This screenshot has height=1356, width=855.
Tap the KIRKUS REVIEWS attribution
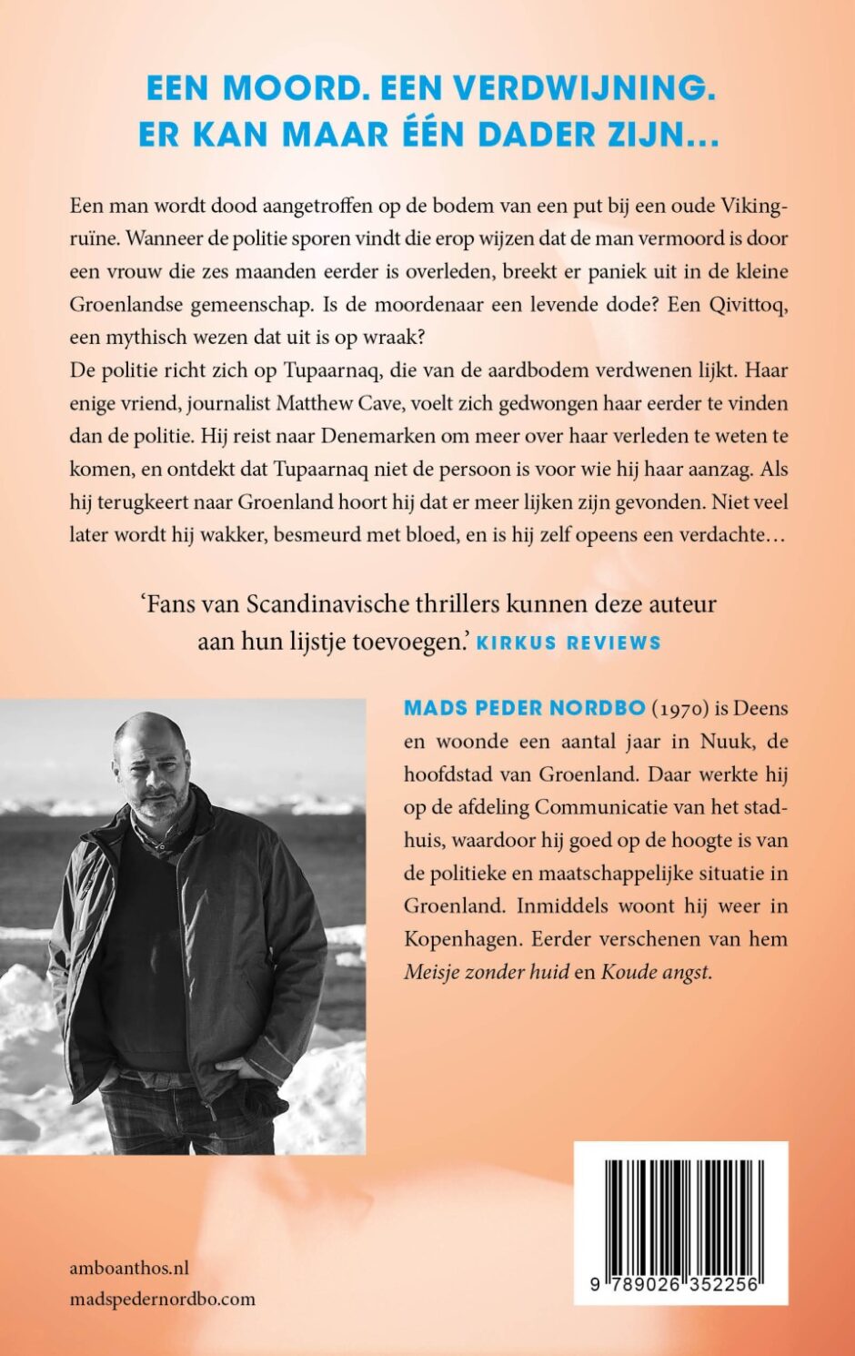(x=568, y=643)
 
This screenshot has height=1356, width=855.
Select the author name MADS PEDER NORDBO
(x=525, y=708)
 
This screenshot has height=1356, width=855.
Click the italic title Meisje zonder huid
(x=486, y=972)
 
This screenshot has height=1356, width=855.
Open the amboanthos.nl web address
(x=129, y=1268)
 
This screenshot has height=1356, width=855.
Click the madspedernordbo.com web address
(x=162, y=1300)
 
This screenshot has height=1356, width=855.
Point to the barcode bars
(x=680, y=1215)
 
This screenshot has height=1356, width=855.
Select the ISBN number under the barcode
(x=680, y=1284)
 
